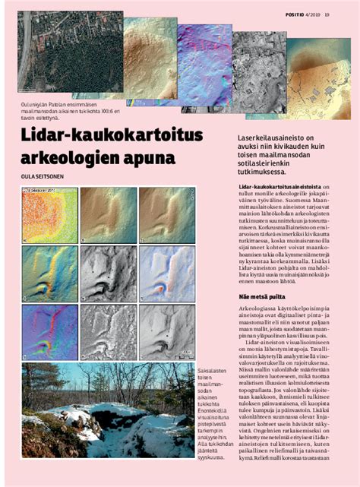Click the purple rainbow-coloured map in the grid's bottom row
pyautogui.click(x=49, y=332)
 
